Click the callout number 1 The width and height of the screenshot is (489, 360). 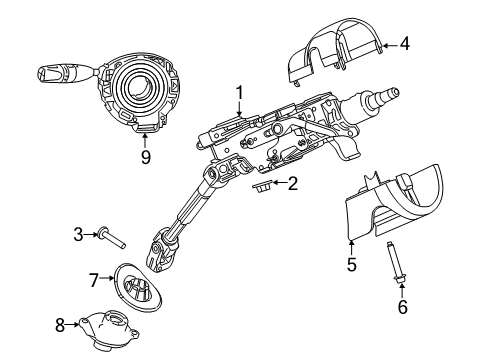(x=240, y=94)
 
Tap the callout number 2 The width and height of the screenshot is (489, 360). (x=292, y=183)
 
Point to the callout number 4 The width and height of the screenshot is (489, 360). (x=405, y=43)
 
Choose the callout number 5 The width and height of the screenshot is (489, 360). (x=352, y=265)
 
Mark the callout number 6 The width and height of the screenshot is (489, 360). (x=402, y=307)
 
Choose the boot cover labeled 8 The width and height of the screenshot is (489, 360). (x=110, y=321)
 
